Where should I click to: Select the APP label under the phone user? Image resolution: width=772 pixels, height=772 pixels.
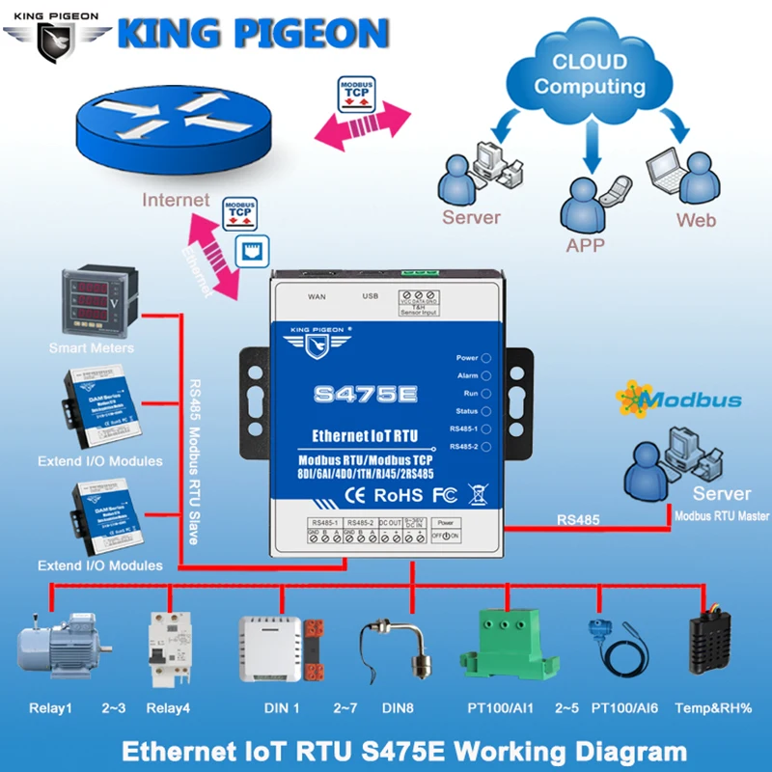click(x=586, y=245)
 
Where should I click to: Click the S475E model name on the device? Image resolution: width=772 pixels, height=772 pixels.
click(x=366, y=394)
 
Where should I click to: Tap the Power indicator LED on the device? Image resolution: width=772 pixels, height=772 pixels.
click(x=486, y=358)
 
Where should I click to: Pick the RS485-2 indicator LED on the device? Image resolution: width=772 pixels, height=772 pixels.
click(x=486, y=446)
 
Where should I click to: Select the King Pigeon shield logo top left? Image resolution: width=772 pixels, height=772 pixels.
click(x=55, y=37)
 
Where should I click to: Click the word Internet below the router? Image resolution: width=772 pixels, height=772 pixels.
click(x=176, y=201)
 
